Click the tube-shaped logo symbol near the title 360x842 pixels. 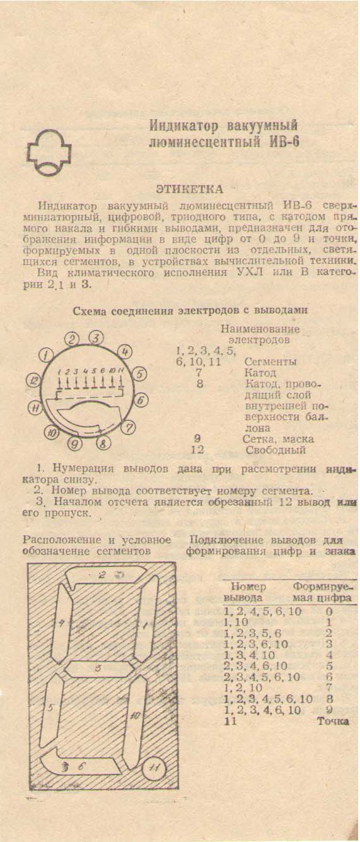click(49, 153)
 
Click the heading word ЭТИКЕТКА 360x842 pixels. click(189, 189)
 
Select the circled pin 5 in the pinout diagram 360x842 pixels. click(139, 374)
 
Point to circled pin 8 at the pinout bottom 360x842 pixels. click(103, 443)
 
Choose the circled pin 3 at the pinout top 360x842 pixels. click(96, 338)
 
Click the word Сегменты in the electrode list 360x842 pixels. click(270, 362)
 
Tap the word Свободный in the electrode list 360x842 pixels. click(276, 450)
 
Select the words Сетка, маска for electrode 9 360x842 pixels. click(278, 439)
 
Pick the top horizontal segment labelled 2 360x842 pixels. click(105, 575)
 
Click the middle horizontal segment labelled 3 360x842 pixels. click(98, 669)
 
